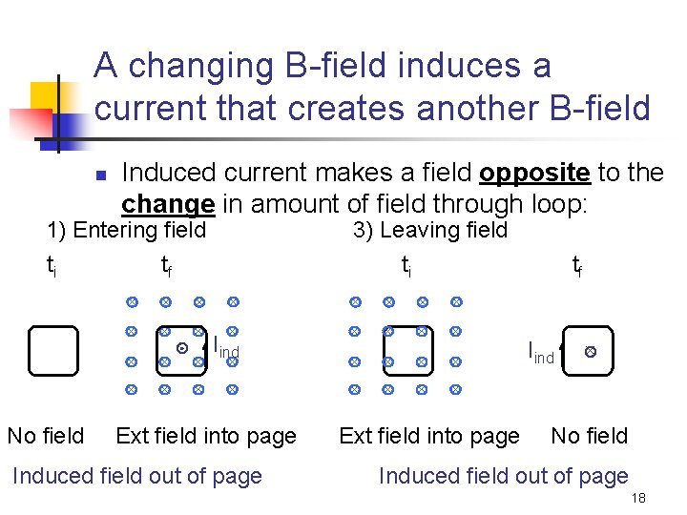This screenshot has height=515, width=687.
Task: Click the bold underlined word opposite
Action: pyautogui.click(x=535, y=173)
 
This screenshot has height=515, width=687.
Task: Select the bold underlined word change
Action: pyautogui.click(x=167, y=204)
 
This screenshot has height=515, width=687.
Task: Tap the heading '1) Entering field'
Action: pyautogui.click(x=126, y=230)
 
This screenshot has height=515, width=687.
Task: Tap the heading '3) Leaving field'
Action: pyautogui.click(x=429, y=230)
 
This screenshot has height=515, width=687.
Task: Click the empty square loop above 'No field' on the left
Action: pyautogui.click(x=52, y=351)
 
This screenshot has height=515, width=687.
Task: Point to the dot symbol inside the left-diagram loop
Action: pyautogui.click(x=181, y=348)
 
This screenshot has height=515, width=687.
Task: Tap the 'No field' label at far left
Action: pyautogui.click(x=45, y=436)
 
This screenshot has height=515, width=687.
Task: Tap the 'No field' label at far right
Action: pyautogui.click(x=589, y=436)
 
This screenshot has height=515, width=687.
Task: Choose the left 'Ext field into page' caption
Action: pyautogui.click(x=205, y=436)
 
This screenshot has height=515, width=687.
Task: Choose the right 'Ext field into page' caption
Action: pyautogui.click(x=429, y=436)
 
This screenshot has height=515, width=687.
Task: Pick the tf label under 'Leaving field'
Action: pyautogui.click(x=577, y=265)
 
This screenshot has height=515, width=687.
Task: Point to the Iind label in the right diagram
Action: pyautogui.click(x=541, y=353)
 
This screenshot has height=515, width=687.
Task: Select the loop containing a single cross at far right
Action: pyautogui.click(x=590, y=351)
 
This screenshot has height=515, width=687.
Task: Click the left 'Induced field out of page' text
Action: pyautogui.click(x=136, y=476)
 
